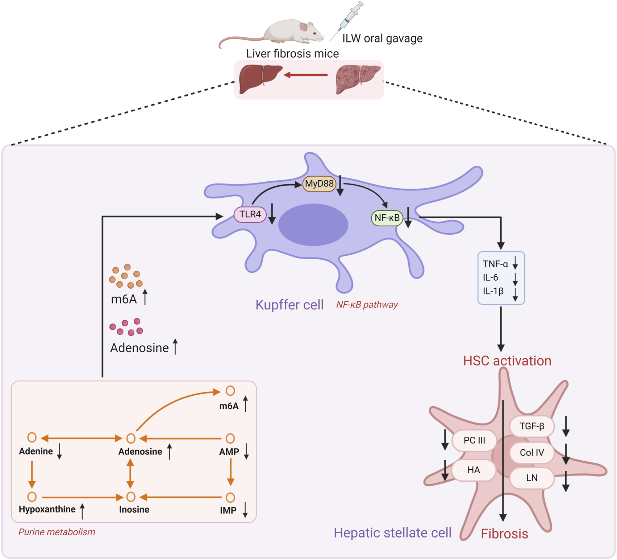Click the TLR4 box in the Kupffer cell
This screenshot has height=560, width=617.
click(250, 214)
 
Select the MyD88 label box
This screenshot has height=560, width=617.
click(319, 184)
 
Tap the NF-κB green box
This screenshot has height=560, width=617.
click(387, 218)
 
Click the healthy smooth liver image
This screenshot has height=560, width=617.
click(259, 78)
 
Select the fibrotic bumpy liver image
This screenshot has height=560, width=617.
click(357, 78)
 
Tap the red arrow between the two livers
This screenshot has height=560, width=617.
click(306, 75)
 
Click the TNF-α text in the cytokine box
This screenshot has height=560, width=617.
click(495, 264)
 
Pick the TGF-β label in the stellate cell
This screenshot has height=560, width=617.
click(531, 426)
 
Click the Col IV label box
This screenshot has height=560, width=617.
click(531, 453)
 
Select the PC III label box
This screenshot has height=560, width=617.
click(474, 440)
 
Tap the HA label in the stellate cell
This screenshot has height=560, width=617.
click(473, 470)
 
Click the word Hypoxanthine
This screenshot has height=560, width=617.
click(47, 509)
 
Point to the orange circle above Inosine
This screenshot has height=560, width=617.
click(131, 497)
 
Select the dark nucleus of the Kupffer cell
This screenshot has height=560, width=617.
click(313, 225)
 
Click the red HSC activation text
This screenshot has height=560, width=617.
click(507, 361)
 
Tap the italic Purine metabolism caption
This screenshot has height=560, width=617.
click(57, 532)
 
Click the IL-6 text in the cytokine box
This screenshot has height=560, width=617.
click(490, 277)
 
